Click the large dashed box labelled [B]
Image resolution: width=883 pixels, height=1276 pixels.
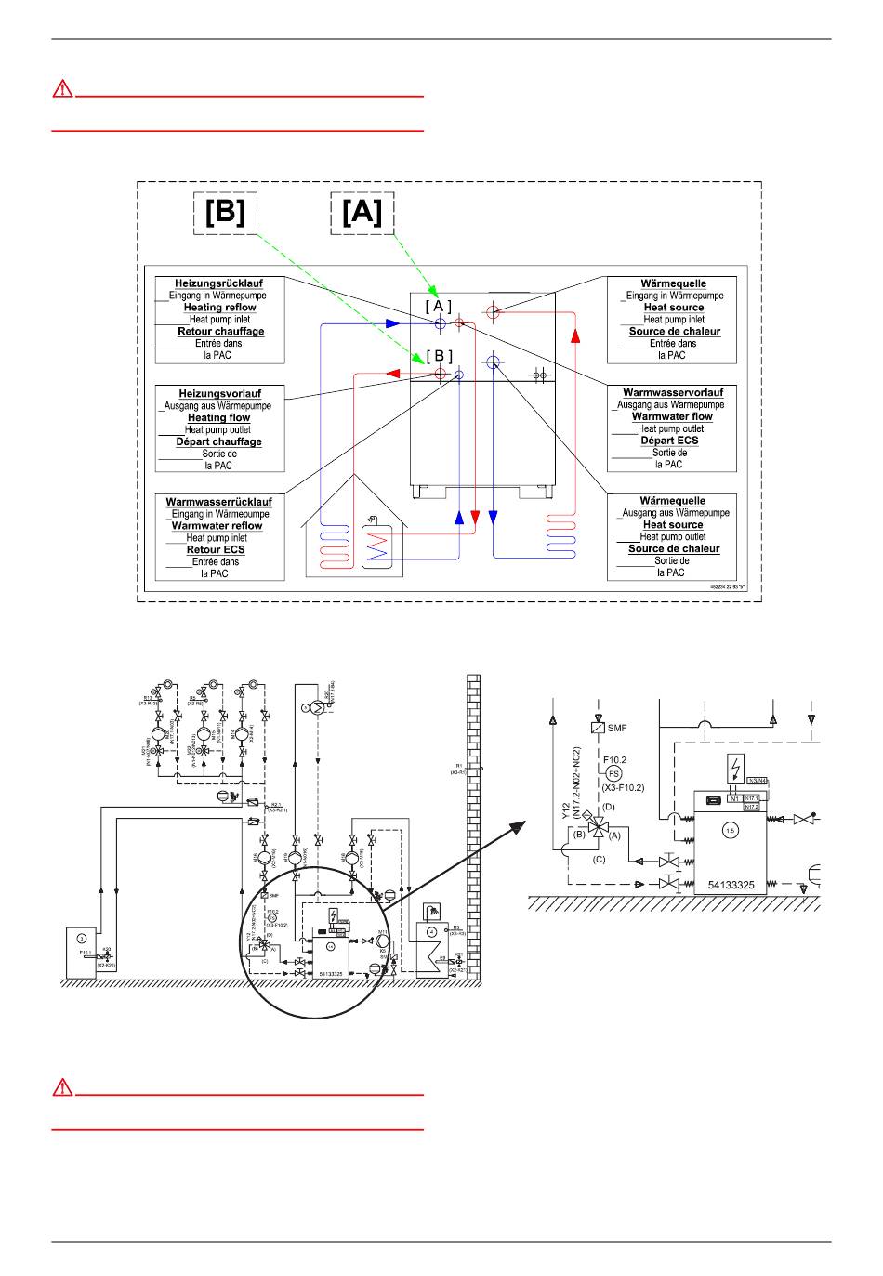[224, 214]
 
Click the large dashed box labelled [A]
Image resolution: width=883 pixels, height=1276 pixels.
[362, 214]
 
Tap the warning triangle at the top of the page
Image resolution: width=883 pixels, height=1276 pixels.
[61, 89]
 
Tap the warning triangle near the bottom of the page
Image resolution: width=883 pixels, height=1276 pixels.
[61, 1087]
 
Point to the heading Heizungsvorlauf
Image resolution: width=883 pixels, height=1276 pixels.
[220, 394]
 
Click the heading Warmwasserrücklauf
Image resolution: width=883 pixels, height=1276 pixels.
[219, 502]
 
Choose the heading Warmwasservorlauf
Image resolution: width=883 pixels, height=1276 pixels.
[673, 393]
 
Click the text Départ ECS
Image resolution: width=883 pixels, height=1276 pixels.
[670, 441]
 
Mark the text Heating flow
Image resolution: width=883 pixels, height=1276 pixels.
[219, 418]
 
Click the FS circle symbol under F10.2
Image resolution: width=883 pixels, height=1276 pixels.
[613, 773]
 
